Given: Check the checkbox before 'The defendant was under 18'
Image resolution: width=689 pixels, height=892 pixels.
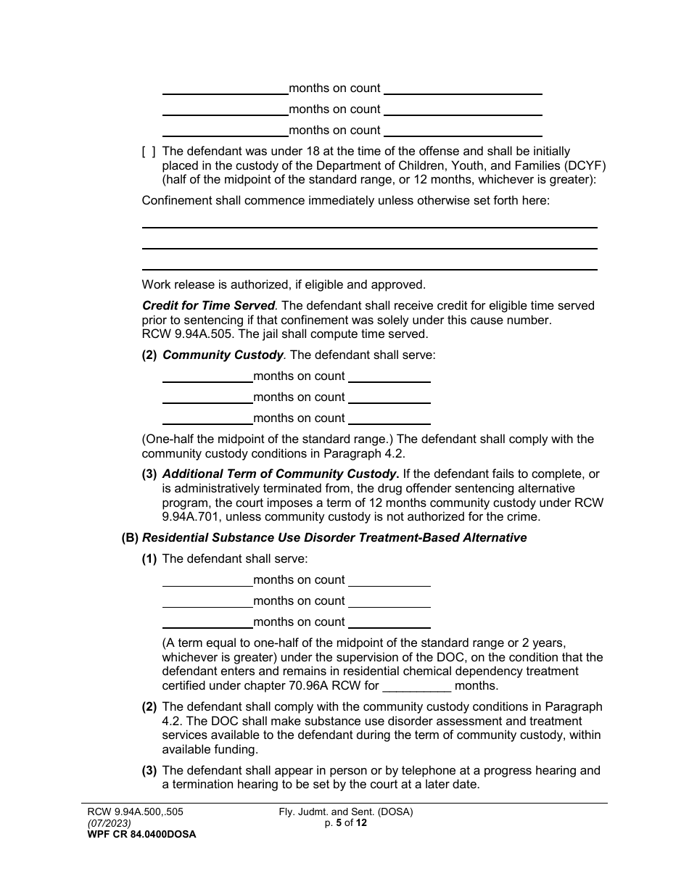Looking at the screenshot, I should (x=148, y=152).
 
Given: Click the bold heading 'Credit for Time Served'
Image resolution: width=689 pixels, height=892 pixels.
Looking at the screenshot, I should (x=208, y=306).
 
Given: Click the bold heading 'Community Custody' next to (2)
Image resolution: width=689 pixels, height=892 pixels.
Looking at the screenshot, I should (x=223, y=355).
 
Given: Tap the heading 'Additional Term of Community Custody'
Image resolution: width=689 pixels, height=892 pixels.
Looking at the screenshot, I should (x=280, y=474).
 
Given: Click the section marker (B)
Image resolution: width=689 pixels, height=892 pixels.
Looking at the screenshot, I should (x=130, y=538).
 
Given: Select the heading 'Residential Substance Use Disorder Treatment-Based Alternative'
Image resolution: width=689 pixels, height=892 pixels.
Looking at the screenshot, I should (x=334, y=538).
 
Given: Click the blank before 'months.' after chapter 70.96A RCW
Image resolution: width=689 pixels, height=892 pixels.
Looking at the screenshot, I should (x=416, y=686).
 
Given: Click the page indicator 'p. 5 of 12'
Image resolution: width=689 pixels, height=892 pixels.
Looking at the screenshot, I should (x=346, y=824).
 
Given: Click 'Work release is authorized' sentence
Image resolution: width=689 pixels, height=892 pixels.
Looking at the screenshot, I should (x=284, y=284).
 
